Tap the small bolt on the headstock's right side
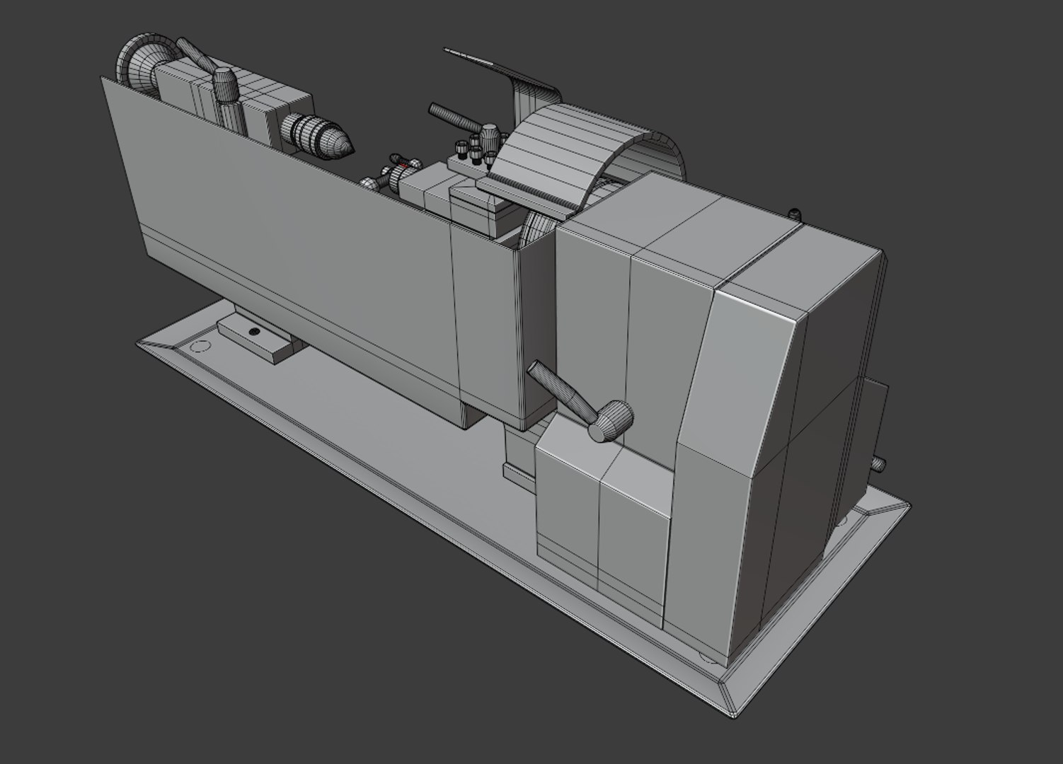[x=879, y=463]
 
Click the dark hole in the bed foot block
[x=254, y=331]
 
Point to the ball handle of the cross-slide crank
[x=367, y=183]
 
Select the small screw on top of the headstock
[x=794, y=212]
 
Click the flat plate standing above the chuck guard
[x=495, y=64]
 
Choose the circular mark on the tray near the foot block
[x=201, y=346]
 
